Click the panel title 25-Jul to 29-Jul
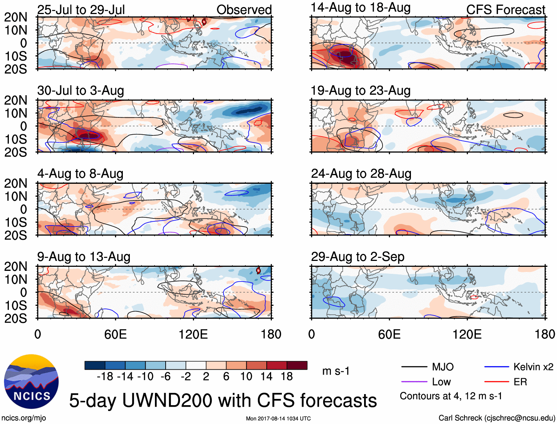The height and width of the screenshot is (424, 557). coord(81,10)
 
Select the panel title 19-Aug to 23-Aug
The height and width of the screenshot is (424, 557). coord(360,90)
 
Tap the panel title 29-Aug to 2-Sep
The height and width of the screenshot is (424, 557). coord(357,256)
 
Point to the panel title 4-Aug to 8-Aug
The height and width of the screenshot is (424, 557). coord(80,173)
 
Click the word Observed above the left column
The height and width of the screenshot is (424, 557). coord(244,10)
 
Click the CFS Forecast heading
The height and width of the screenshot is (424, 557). coord(505,10)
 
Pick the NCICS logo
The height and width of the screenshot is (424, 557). coord(31,382)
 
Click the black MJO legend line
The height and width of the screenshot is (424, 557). coord(414,367)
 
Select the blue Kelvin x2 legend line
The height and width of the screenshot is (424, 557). coord(497,367)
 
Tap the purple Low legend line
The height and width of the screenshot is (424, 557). coord(414,382)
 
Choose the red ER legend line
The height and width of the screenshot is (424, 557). coord(497,382)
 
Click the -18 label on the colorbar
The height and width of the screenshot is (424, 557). coord(105,376)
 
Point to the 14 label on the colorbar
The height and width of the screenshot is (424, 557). coord(266,376)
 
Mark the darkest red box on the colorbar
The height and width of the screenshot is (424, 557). coord(297,365)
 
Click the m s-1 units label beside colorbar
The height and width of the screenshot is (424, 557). coord(336,371)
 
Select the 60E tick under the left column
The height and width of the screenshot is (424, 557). coord(115,334)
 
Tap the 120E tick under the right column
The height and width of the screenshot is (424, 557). coord(467,334)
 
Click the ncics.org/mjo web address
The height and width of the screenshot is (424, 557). coord(24,418)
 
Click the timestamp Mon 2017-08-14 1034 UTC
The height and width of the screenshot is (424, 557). coord(278,418)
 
